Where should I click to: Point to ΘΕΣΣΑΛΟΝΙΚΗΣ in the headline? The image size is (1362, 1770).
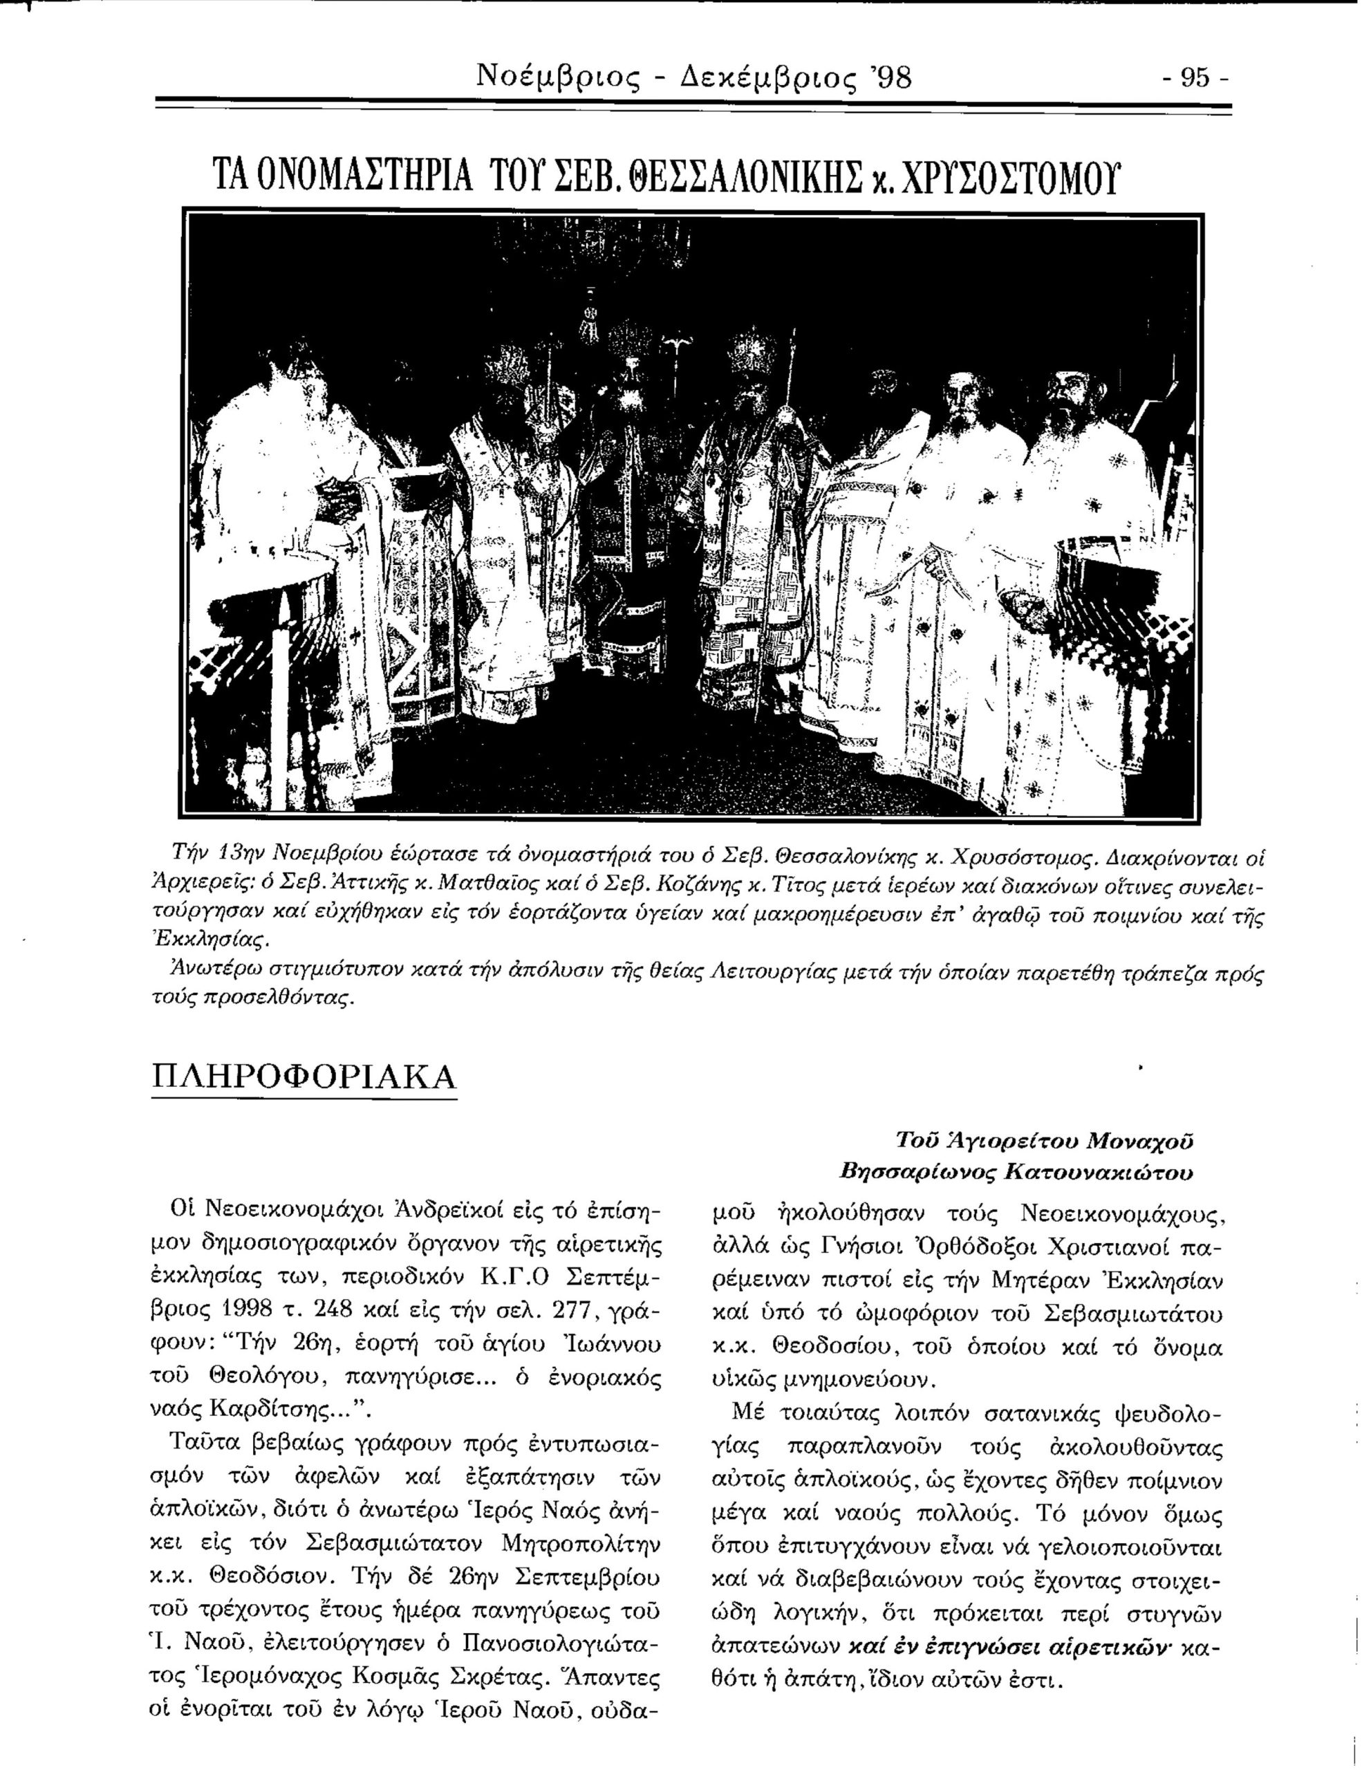pyautogui.click(x=721, y=175)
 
